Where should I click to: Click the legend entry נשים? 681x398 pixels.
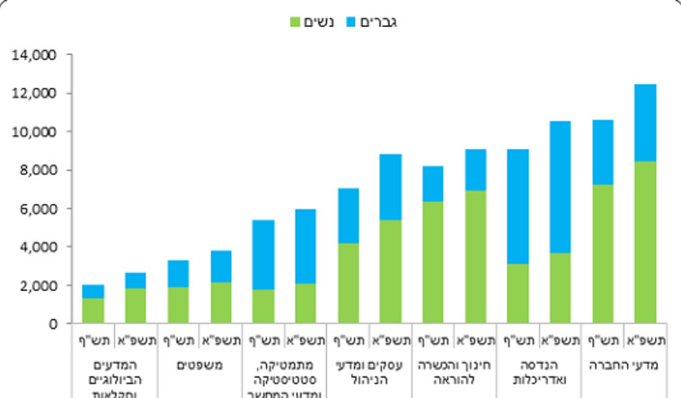317,21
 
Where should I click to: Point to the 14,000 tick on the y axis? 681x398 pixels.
35,56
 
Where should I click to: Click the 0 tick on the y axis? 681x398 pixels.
53,324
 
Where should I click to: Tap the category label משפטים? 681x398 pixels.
199,366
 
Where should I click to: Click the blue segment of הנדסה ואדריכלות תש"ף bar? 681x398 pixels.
518,207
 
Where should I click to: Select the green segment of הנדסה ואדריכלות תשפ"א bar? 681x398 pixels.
561,288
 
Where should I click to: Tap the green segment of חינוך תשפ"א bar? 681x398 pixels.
476,257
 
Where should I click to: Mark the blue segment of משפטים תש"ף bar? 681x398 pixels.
178,274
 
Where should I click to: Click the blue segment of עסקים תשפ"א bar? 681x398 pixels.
391,187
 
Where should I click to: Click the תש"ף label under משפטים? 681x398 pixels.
178,340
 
